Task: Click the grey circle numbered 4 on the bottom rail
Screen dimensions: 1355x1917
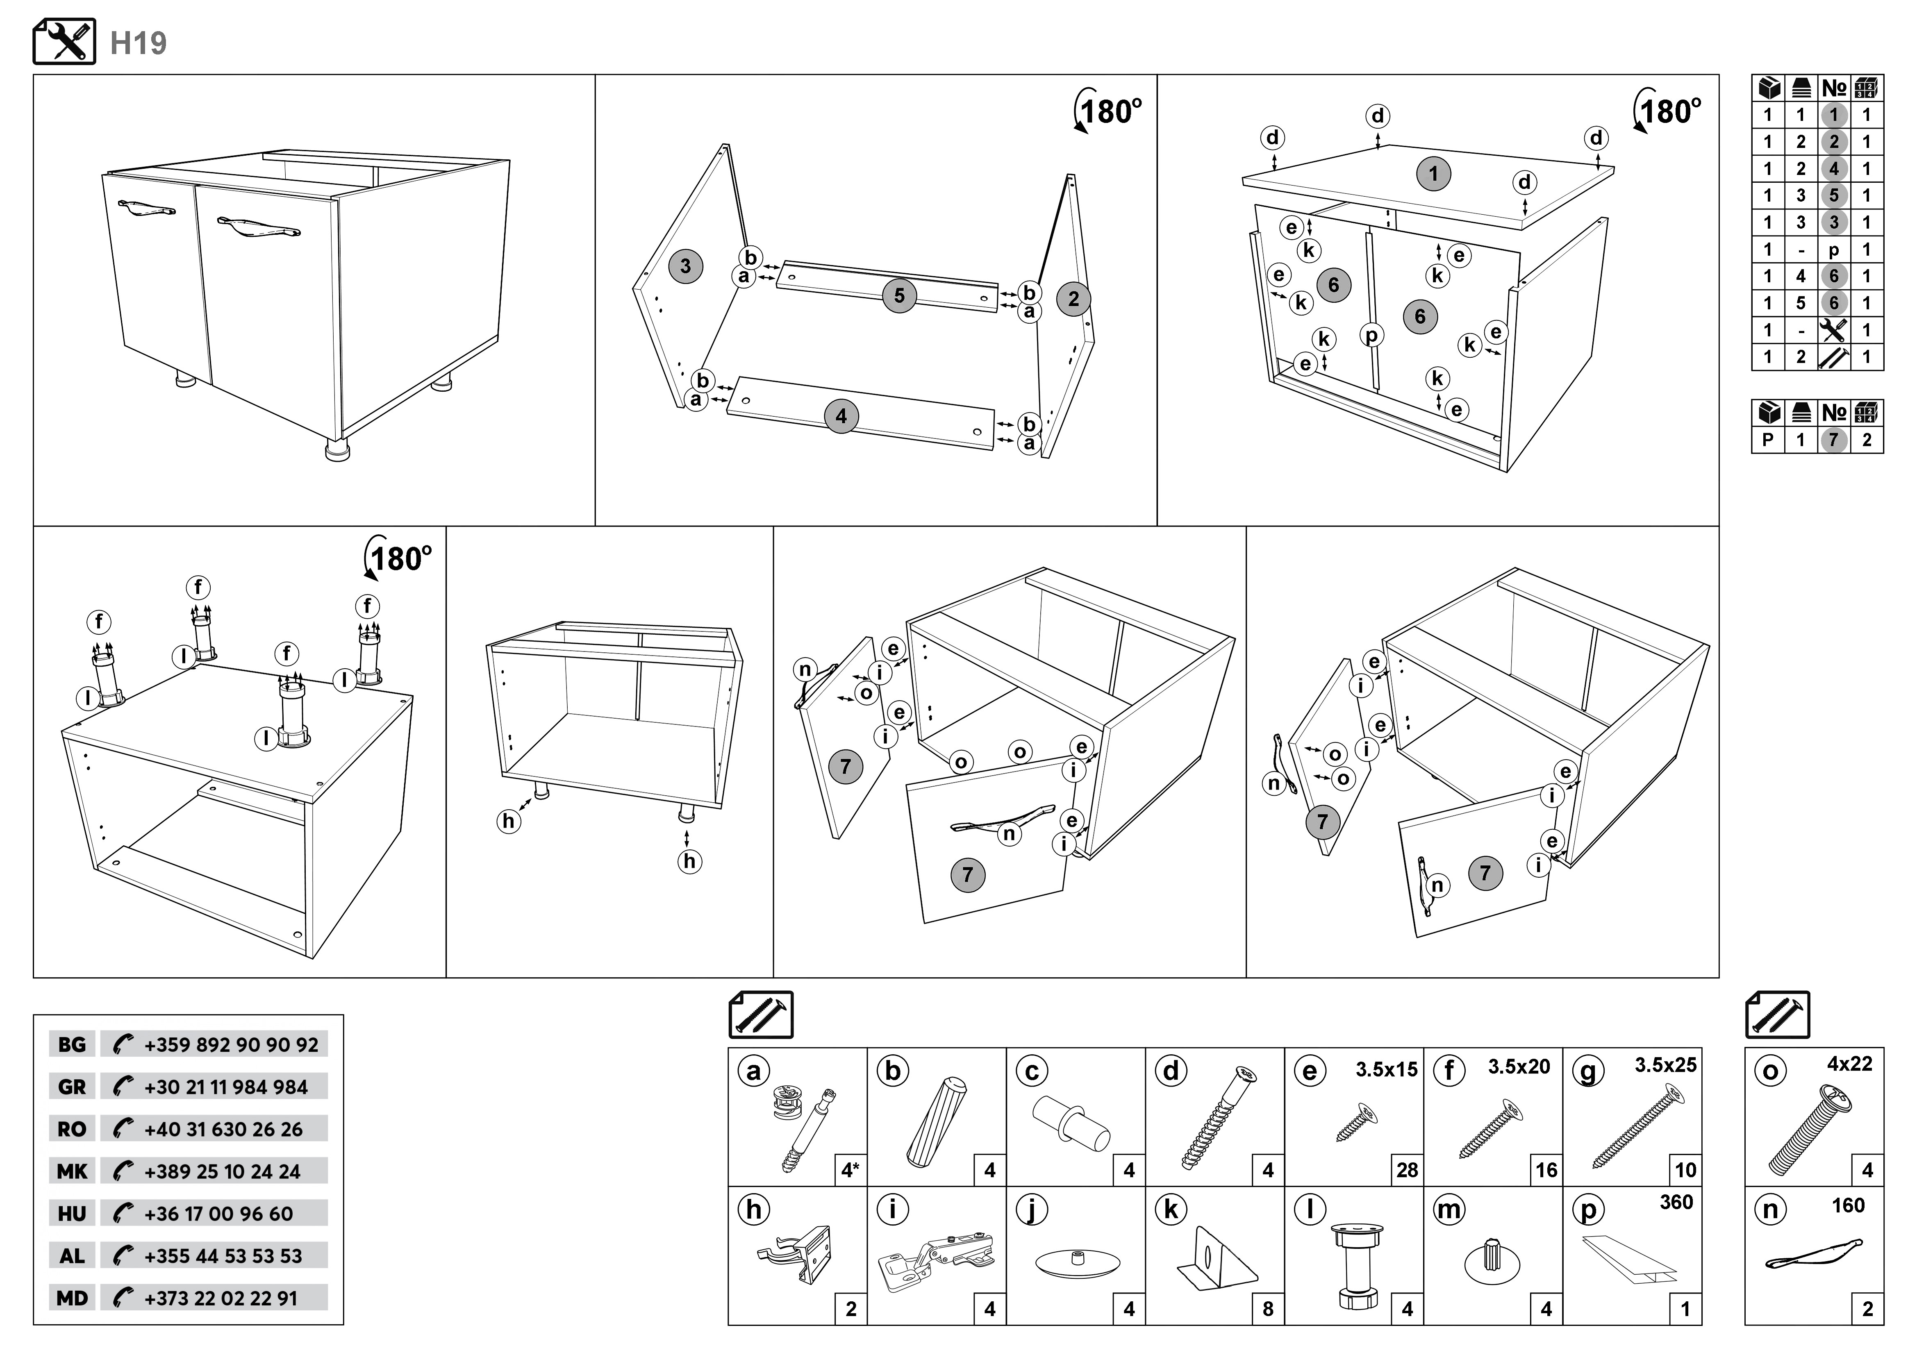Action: point(841,416)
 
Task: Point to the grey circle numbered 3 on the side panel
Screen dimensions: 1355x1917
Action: point(685,266)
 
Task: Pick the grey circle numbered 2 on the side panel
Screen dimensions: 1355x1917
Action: point(1074,299)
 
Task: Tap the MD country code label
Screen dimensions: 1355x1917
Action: point(72,1298)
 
